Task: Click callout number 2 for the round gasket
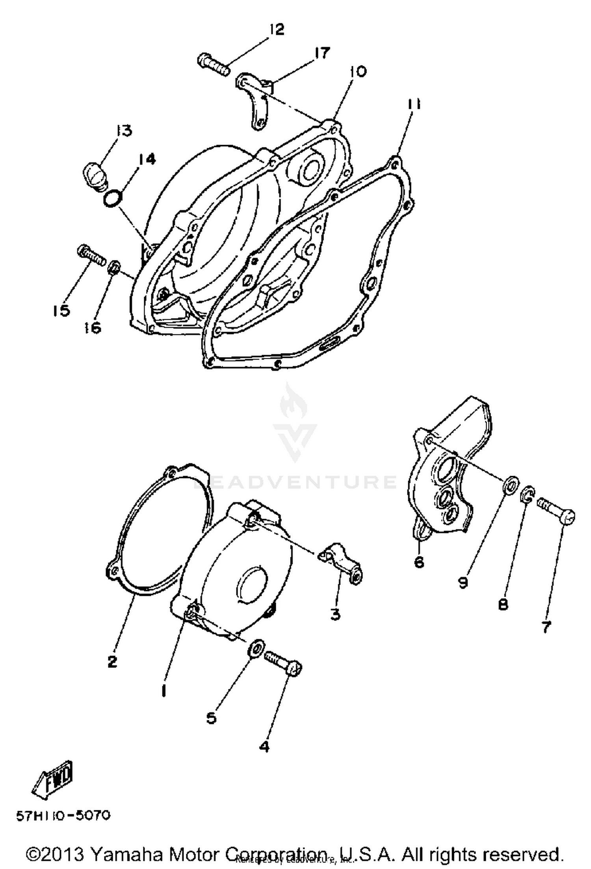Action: coord(112,661)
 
